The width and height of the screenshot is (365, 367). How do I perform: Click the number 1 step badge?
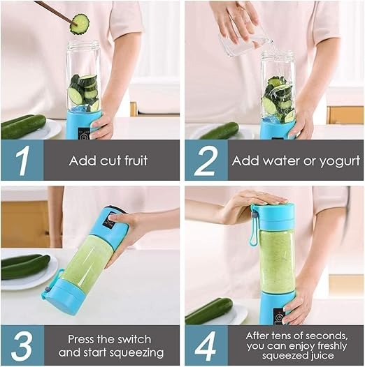coord(22,160)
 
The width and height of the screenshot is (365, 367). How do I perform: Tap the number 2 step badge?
coord(206,160)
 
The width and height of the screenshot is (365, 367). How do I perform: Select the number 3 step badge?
coord(22,345)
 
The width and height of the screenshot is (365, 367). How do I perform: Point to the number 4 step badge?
coord(206,345)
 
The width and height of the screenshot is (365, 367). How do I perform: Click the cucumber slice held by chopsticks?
coord(80,24)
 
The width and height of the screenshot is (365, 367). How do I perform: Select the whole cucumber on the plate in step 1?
coord(23,126)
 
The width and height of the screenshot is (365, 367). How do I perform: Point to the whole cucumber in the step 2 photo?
coord(219,130)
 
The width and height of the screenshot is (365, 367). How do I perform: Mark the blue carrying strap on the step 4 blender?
coord(254,227)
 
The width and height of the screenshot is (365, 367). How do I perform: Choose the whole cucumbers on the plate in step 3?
coord(24,265)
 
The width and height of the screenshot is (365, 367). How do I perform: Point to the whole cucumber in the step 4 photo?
coord(208,310)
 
